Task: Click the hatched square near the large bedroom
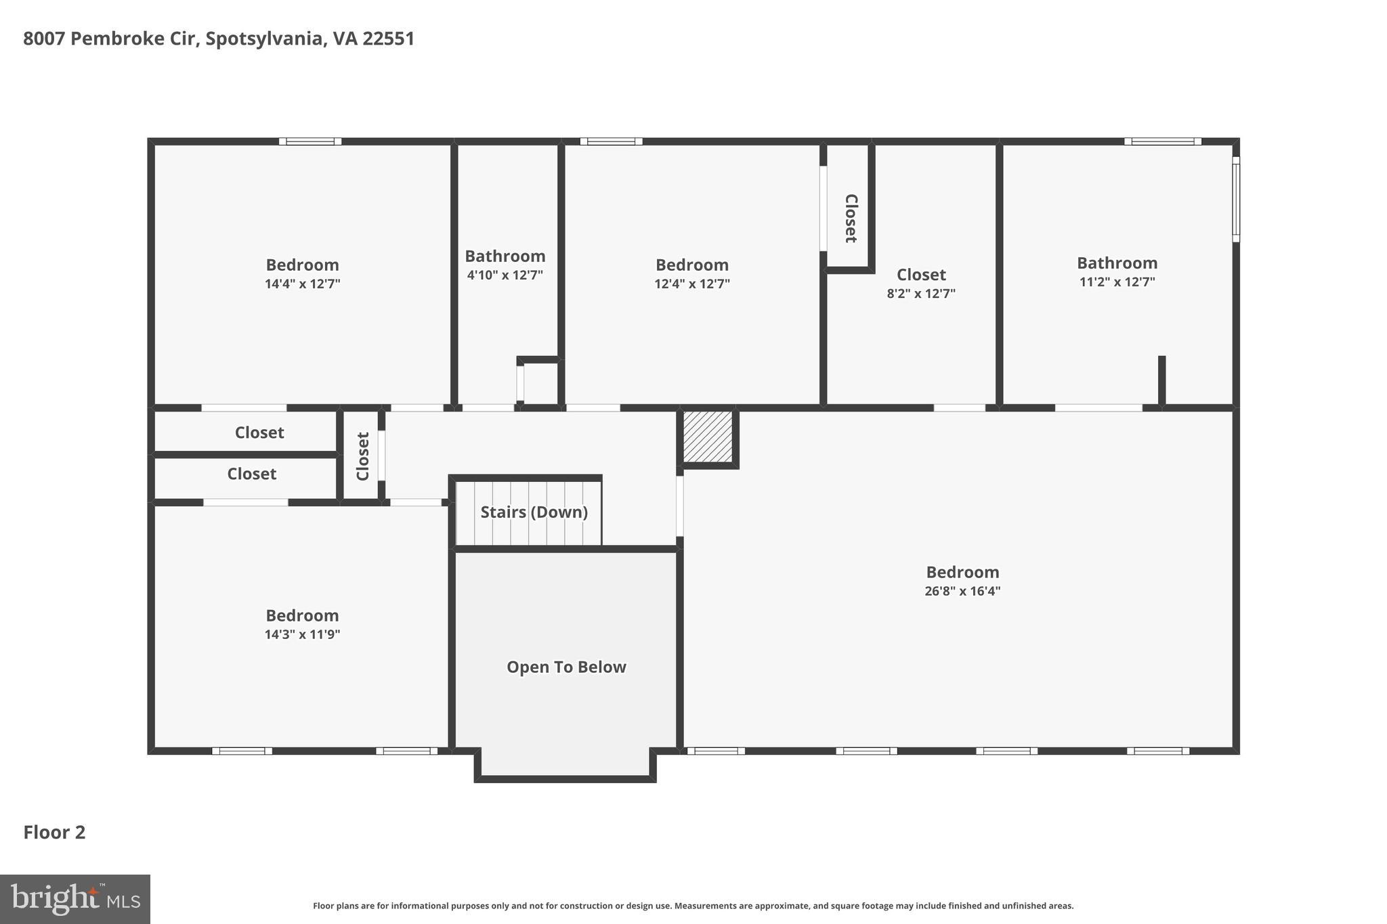708,437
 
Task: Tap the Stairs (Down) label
534,512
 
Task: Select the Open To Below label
566,667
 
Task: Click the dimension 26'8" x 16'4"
962,591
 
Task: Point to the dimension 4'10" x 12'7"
505,275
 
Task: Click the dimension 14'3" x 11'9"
302,634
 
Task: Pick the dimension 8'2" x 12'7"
921,294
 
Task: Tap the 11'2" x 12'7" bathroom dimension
1117,282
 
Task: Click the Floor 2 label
54,832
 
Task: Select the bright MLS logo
75,899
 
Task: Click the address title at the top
219,39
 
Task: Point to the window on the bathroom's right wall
1235,199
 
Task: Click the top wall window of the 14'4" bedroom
310,141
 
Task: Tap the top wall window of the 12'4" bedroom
611,141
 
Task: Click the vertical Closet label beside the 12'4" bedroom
851,218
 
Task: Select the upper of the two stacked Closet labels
259,433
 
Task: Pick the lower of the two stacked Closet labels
251,474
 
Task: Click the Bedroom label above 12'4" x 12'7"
691,265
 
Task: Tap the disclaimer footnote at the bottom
693,906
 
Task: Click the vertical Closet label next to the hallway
362,456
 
